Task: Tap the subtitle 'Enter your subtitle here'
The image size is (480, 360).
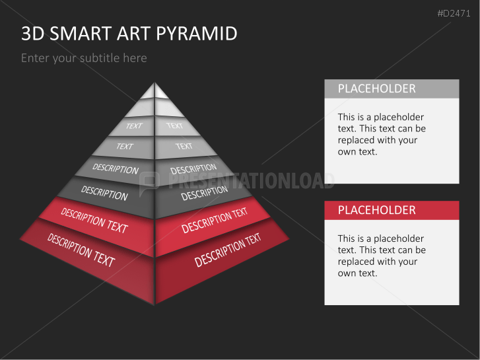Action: click(84, 58)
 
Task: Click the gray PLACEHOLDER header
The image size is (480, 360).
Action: click(376, 89)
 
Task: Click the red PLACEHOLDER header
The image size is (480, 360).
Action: click(376, 210)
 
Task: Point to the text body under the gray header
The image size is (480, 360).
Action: click(382, 134)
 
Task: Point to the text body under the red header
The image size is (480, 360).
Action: click(382, 256)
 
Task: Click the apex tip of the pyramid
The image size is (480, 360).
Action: click(154, 85)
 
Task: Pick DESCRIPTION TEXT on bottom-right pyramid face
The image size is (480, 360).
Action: click(228, 250)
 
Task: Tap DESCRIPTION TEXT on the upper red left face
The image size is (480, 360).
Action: click(94, 221)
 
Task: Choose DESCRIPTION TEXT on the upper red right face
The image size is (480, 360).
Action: click(215, 221)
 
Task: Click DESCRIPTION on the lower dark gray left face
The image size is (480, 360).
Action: click(104, 193)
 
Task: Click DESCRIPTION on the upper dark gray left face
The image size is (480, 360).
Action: click(116, 168)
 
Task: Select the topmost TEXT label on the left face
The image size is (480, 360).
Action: click(134, 126)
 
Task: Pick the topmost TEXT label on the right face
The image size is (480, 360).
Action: click(174, 126)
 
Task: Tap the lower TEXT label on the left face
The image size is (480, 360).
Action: click(125, 147)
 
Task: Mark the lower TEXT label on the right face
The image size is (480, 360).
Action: click(184, 146)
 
